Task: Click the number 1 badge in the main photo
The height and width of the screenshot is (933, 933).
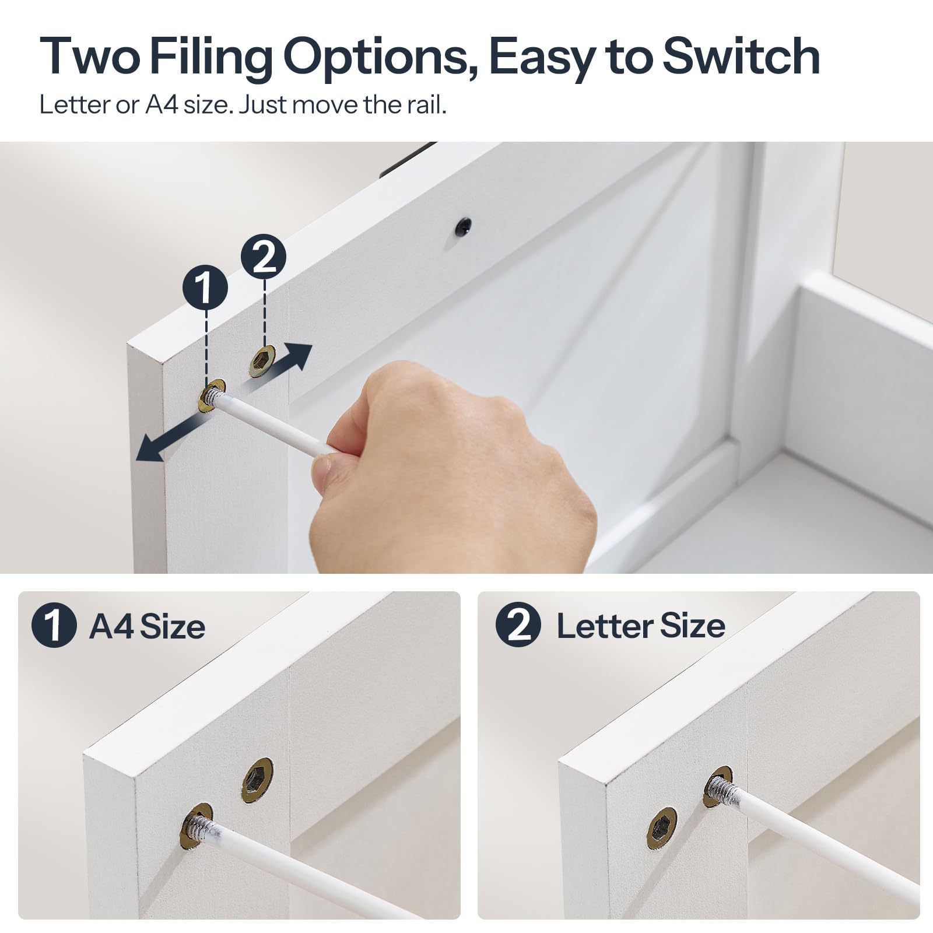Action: (205, 287)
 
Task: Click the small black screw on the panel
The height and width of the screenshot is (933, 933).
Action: (464, 226)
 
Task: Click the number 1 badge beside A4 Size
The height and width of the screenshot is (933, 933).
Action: (54, 626)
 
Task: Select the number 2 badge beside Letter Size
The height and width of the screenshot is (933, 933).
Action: (518, 625)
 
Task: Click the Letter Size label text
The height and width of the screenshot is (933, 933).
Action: (641, 626)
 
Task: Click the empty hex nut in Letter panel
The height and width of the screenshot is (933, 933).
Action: (662, 828)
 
